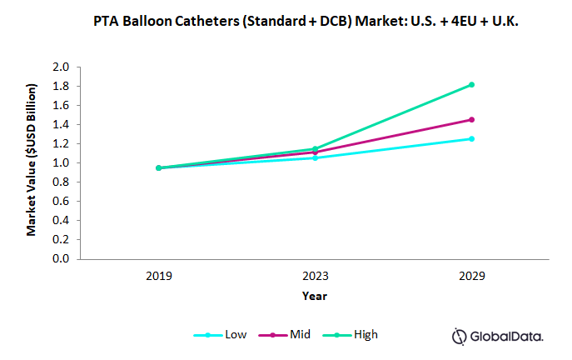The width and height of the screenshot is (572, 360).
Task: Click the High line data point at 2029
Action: (x=471, y=84)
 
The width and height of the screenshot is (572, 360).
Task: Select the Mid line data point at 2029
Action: (x=471, y=119)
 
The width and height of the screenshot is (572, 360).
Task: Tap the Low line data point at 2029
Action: (x=471, y=138)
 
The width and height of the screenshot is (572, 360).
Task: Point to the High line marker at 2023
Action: (x=315, y=148)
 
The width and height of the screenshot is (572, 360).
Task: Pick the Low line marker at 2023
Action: (x=315, y=157)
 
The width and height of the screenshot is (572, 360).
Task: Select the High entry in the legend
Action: (x=365, y=334)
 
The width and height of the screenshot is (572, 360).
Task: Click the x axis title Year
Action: (x=315, y=295)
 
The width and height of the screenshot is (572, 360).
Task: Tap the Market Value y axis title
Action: (x=32, y=159)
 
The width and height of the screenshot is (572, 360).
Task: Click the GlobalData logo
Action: (x=497, y=336)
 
